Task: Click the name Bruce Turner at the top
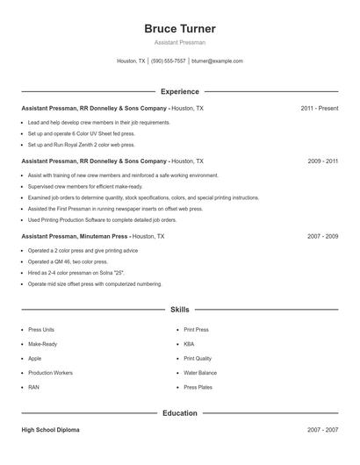coord(179,29)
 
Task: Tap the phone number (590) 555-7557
coord(168,61)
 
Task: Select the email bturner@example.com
coord(217,61)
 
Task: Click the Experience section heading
coord(179,91)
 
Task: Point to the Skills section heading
coord(179,310)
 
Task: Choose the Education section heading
coord(179,412)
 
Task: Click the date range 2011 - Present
coord(319,108)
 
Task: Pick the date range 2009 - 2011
coord(322,161)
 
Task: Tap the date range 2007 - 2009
coord(322,237)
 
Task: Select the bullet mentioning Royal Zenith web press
coord(81,145)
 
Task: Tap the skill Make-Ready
coord(43,344)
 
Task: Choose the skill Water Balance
coord(200,372)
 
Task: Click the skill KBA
coord(189,344)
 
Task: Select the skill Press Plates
coord(198,387)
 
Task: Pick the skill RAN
coord(33,387)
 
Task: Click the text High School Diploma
coord(50,431)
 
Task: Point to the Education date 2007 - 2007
coord(322,431)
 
